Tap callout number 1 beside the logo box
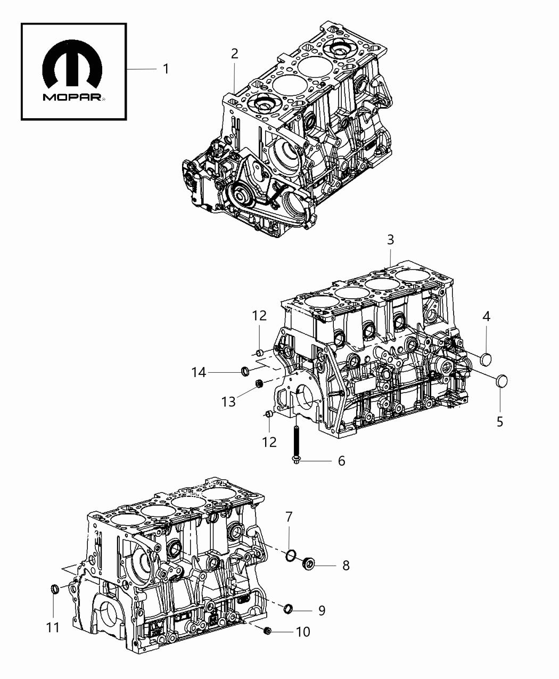(166, 69)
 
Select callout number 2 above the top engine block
(234, 53)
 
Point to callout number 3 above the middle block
(390, 240)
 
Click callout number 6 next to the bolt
(341, 461)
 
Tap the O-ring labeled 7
(290, 555)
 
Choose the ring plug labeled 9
(287, 609)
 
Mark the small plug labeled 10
(268, 631)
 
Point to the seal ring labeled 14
(246, 371)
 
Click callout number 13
(229, 402)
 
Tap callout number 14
(199, 373)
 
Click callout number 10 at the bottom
(302, 632)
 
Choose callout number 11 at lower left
(53, 628)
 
